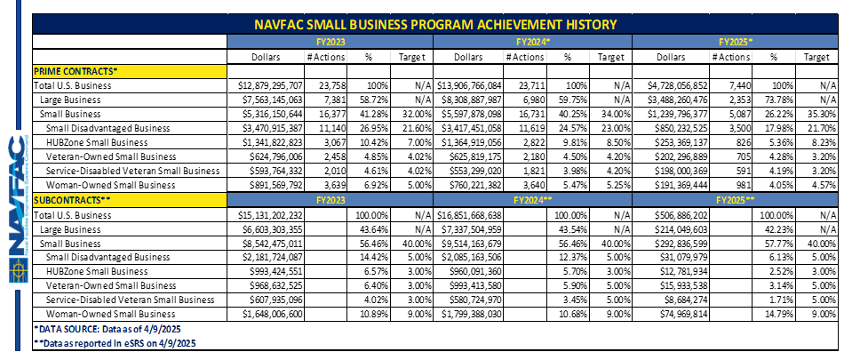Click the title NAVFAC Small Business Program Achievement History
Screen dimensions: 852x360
436,25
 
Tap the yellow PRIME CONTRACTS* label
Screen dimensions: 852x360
130,71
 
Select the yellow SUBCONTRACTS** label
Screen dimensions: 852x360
130,200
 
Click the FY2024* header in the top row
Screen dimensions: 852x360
532,41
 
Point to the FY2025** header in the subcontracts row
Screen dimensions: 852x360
736,200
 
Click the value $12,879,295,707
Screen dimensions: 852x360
270,85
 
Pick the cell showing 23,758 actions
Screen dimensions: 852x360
330,85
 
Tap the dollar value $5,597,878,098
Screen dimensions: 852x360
469,114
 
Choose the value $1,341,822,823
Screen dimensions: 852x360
271,142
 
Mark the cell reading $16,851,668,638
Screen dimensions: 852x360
469,215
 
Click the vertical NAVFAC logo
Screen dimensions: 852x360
17,209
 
